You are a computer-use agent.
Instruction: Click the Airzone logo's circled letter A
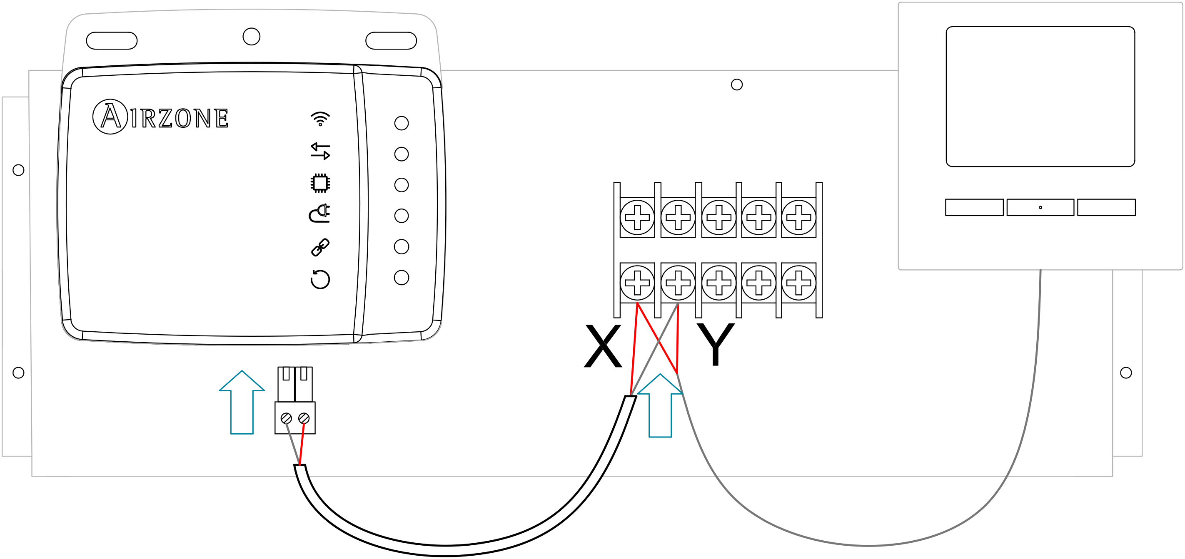[x=110, y=117]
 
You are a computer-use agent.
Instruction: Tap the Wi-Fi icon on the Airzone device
[x=320, y=119]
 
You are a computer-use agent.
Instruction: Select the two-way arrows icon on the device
[x=320, y=151]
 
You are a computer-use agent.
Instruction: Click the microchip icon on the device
[x=320, y=183]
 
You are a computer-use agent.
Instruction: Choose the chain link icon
[x=320, y=247]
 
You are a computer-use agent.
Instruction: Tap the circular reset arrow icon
[x=320, y=278]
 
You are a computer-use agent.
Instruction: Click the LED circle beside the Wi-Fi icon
[x=401, y=123]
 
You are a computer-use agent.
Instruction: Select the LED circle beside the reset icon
[x=401, y=278]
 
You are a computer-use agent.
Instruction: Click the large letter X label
[x=602, y=346]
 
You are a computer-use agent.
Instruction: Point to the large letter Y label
[x=715, y=344]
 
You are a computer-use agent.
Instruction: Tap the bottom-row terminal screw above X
[x=637, y=282]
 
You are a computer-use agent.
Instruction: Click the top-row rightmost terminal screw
[x=798, y=217]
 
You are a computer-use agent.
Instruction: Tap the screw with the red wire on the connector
[x=304, y=418]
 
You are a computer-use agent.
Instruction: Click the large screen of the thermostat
[x=1040, y=97]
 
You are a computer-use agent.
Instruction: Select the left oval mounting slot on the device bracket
[x=112, y=40]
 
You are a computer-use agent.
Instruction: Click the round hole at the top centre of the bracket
[x=251, y=36]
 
